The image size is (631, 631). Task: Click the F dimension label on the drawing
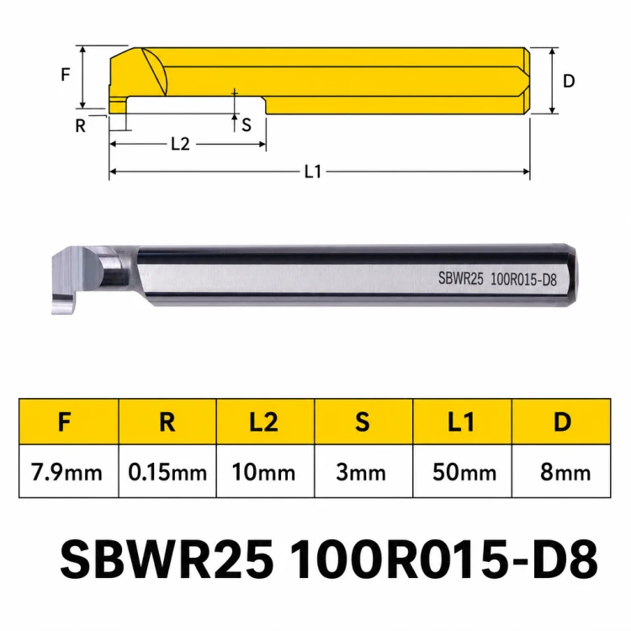point(66,74)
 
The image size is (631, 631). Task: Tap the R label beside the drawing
point(81,126)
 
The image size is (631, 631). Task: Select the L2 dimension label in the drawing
point(180,144)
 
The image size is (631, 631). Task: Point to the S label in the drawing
point(247,125)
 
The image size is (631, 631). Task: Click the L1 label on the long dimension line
point(313,172)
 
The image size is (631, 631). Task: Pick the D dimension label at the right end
point(569,81)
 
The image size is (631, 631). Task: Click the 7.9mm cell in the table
point(66,472)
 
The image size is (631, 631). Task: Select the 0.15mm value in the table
point(167,472)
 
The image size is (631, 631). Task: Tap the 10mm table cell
point(263,472)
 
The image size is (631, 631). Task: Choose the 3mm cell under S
point(361,472)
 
